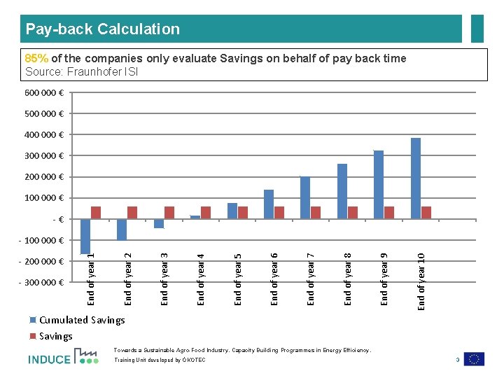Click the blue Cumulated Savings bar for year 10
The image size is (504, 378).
pyautogui.click(x=416, y=178)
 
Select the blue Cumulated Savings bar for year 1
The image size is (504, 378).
pyautogui.click(x=85, y=236)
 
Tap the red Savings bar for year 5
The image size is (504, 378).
pyautogui.click(x=243, y=212)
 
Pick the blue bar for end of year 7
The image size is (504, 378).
pyautogui.click(x=305, y=197)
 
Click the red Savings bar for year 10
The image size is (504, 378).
pyautogui.click(x=426, y=212)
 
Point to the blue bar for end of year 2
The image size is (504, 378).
pyautogui.click(x=122, y=230)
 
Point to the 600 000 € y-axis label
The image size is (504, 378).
pyautogui.click(x=45, y=92)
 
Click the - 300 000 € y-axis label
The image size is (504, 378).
pyautogui.click(x=41, y=283)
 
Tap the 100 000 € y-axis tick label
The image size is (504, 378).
pyautogui.click(x=45, y=198)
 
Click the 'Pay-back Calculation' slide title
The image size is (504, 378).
pyautogui.click(x=103, y=29)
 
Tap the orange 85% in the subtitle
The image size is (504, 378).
pyautogui.click(x=36, y=59)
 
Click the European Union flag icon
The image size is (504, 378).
pyautogui.click(x=474, y=358)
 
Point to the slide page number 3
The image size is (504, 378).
pyautogui.click(x=456, y=360)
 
